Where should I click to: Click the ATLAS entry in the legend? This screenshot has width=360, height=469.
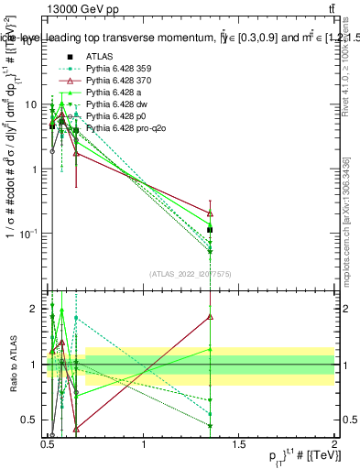[100, 57]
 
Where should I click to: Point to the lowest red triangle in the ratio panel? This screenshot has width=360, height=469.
[75, 428]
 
